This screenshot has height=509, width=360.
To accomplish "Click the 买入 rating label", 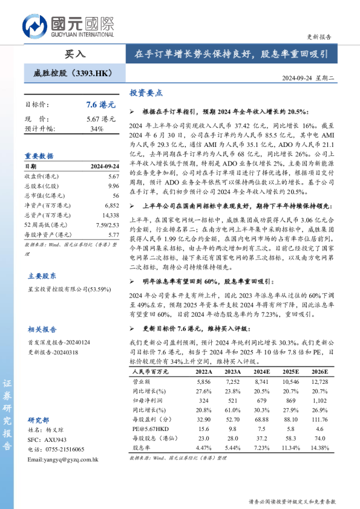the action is pos(76,53).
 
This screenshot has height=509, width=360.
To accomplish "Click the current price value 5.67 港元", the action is pos(100,119).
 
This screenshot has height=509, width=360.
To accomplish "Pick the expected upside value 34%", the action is pos(97,129).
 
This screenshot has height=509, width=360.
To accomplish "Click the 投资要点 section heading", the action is pos(146,93).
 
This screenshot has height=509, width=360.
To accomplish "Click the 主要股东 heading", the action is pos(41,275).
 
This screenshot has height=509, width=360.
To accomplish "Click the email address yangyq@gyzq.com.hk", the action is pos(62,459).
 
